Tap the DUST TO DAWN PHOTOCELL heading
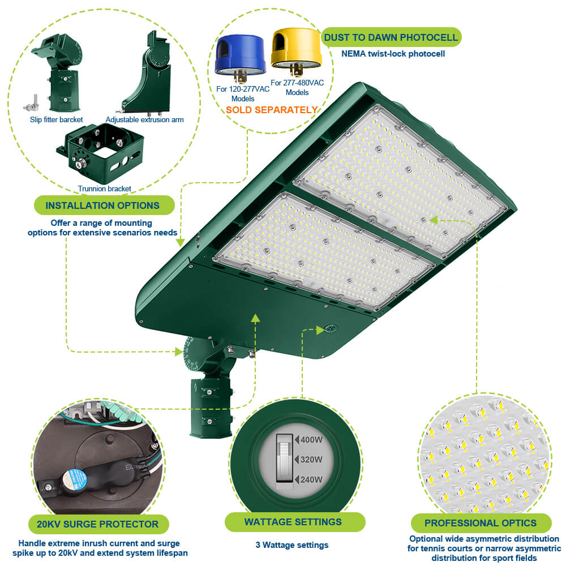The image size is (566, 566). coord(391,37)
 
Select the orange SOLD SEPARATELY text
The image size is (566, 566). coord(272,110)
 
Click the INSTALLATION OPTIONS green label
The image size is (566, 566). coord(102,205)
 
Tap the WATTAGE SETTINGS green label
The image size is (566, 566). coord(293,522)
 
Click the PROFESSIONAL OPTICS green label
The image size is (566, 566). coord(481,523)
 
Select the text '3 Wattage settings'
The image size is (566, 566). coord(291,545)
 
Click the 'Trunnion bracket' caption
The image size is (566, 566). coord(104,188)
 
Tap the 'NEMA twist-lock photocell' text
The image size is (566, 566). coord(393,54)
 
